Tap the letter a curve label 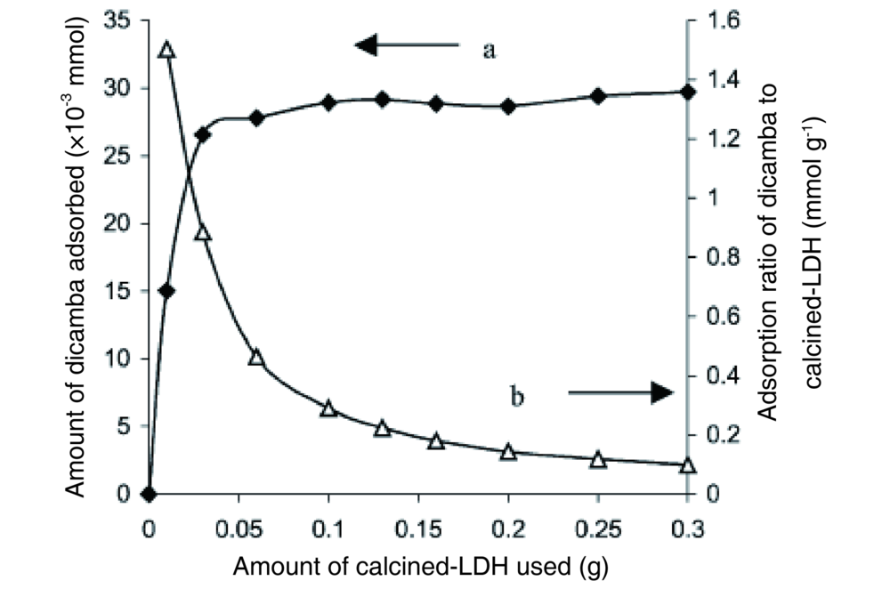tap(489, 50)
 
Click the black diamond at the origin tap(149, 494)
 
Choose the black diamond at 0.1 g tap(328, 102)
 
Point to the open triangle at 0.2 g tap(508, 452)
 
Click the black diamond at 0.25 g tap(598, 95)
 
